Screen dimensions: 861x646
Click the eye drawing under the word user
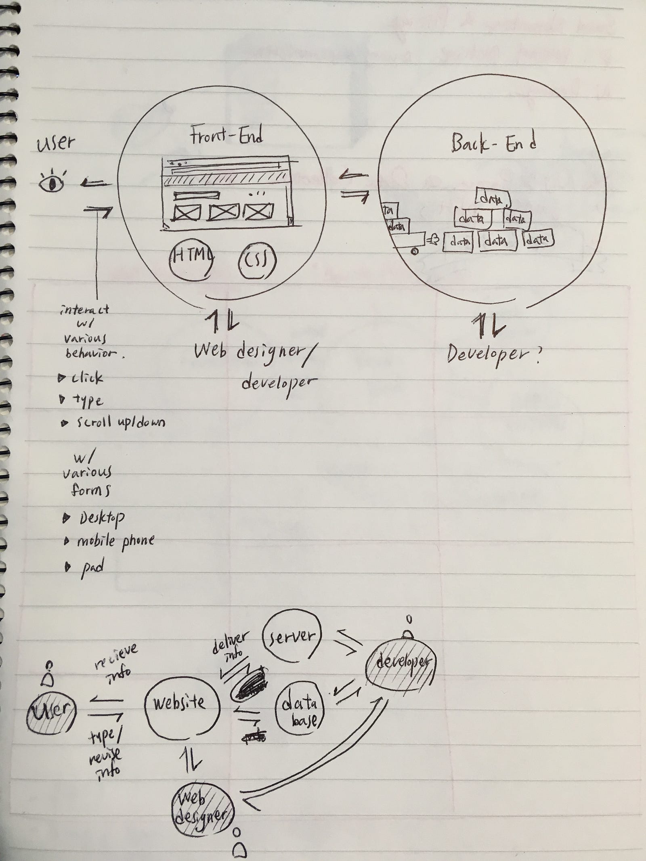(x=52, y=183)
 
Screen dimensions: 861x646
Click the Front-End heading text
(x=227, y=135)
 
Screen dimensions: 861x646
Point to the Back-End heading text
(x=493, y=143)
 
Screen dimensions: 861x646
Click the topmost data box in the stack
(x=493, y=198)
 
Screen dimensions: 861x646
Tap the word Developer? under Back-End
(x=493, y=355)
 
